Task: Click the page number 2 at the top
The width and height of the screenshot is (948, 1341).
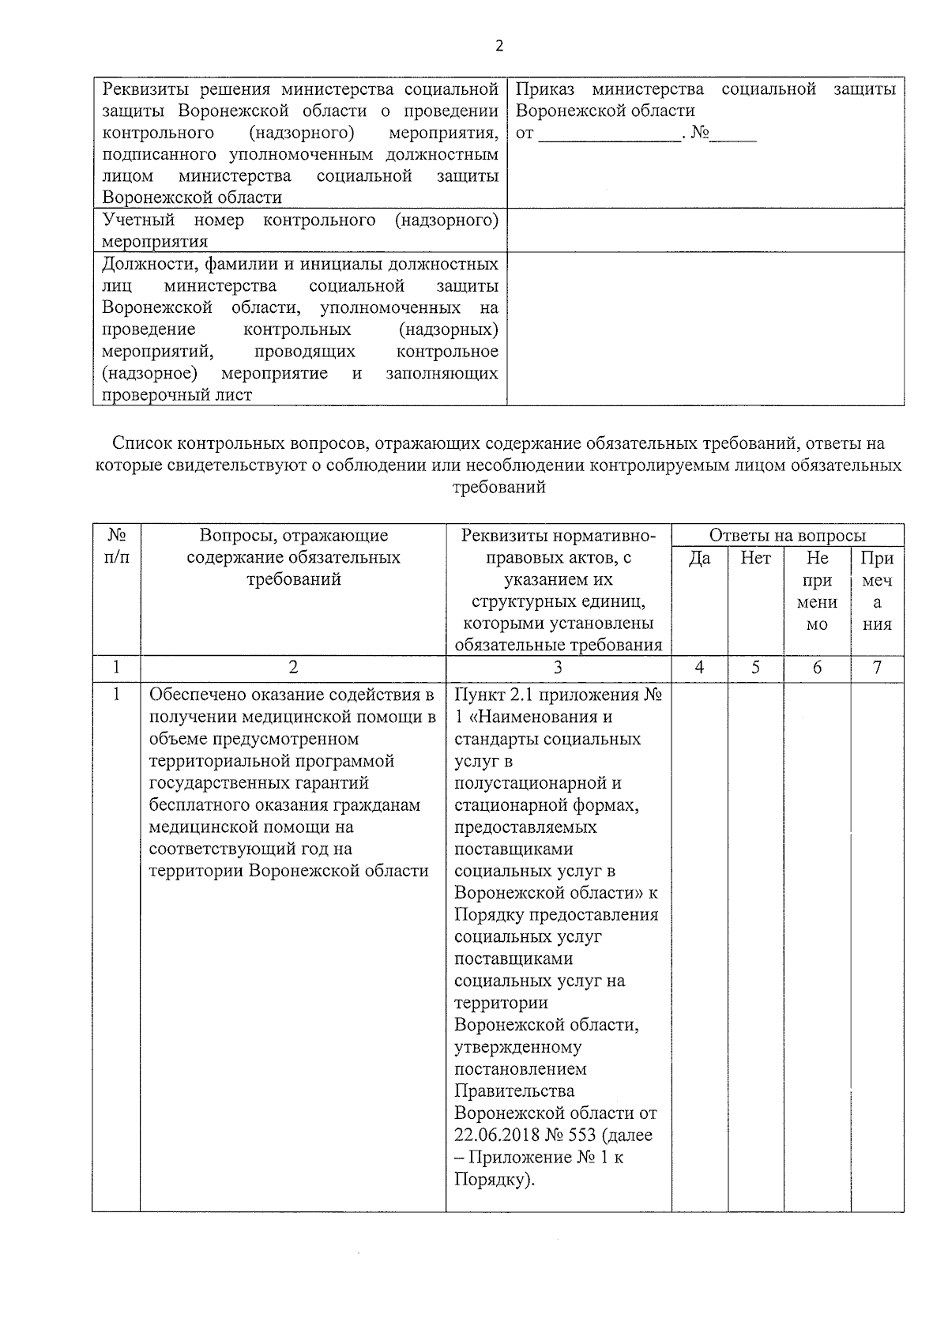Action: (x=498, y=46)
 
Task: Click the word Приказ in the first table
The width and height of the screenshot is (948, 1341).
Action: (x=544, y=89)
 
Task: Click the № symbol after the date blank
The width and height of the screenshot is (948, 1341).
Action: (x=700, y=133)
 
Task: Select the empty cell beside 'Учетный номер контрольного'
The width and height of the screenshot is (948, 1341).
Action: (x=705, y=230)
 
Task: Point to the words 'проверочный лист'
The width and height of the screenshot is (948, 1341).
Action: (x=177, y=395)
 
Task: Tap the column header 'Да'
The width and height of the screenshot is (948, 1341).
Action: (x=699, y=559)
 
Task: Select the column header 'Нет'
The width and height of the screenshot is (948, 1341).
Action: (x=755, y=559)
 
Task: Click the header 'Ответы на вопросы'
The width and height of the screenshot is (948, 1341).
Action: (x=787, y=536)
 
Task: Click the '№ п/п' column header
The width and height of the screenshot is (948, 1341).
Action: (x=116, y=546)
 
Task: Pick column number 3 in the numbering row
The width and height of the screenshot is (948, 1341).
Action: (x=558, y=668)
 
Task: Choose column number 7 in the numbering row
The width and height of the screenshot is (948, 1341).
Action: (x=877, y=668)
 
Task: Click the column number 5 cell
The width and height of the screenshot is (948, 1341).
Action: (x=755, y=668)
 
